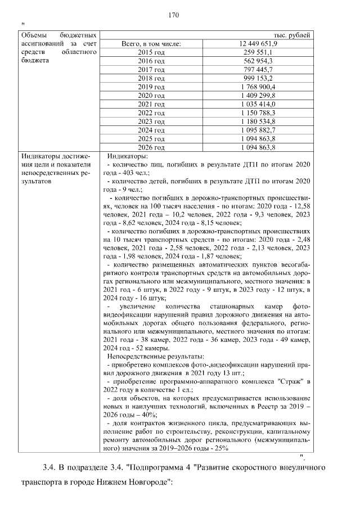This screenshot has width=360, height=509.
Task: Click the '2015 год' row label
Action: (x=151, y=52)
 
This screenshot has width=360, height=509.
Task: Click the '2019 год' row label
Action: (x=151, y=87)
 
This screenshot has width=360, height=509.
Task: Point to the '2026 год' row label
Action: (x=151, y=148)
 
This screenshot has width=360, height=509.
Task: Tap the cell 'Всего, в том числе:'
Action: (x=151, y=43)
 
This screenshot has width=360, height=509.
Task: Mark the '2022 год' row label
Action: (x=151, y=113)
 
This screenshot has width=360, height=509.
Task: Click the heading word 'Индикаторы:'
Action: (x=128, y=156)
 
